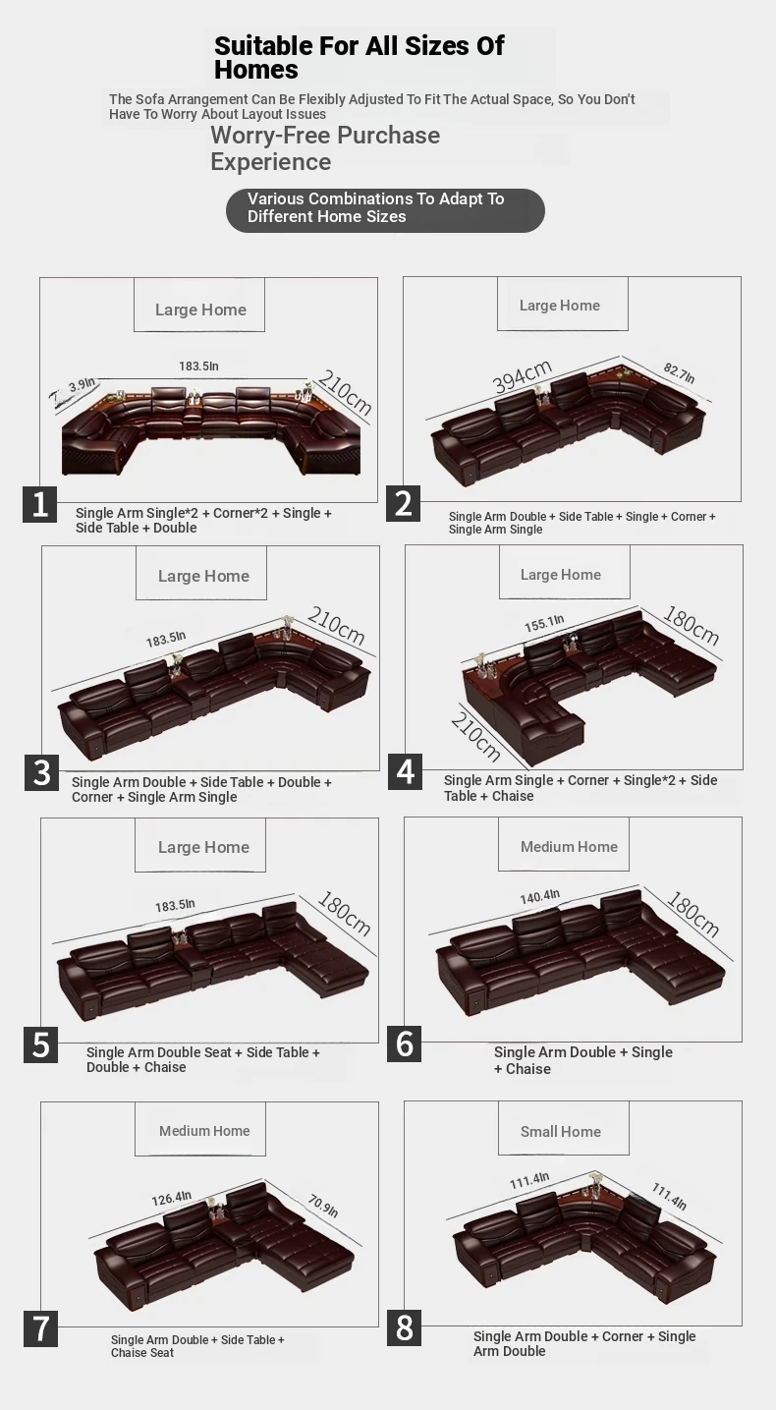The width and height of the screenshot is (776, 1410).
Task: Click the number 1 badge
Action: click(x=39, y=504)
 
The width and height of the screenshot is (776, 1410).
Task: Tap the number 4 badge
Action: click(x=405, y=771)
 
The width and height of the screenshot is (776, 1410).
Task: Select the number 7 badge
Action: click(x=40, y=1328)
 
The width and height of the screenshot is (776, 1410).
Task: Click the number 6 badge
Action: click(x=404, y=1043)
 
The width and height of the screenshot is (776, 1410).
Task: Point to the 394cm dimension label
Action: click(x=522, y=375)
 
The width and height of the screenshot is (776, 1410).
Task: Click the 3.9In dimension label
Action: click(x=82, y=384)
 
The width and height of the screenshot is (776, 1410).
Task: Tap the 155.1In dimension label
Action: click(x=544, y=623)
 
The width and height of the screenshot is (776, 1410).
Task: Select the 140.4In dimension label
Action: click(x=540, y=897)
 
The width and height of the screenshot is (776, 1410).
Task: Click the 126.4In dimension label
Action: click(x=171, y=1198)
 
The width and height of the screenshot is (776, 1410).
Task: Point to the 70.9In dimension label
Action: click(x=323, y=1206)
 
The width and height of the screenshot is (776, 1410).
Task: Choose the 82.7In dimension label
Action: click(x=679, y=372)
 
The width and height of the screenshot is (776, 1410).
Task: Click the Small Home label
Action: click(x=561, y=1131)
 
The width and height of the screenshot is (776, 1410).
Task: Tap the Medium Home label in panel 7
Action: click(x=204, y=1131)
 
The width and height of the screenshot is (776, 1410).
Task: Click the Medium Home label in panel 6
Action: click(x=569, y=847)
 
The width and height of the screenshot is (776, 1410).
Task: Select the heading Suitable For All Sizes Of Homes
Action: click(x=359, y=57)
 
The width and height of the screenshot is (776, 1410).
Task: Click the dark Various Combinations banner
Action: click(x=385, y=210)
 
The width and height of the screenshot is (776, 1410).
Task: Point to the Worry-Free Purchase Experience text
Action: click(x=325, y=148)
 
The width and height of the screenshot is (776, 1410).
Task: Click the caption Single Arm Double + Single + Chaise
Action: click(x=583, y=1060)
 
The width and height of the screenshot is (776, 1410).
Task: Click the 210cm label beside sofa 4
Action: click(x=475, y=736)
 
